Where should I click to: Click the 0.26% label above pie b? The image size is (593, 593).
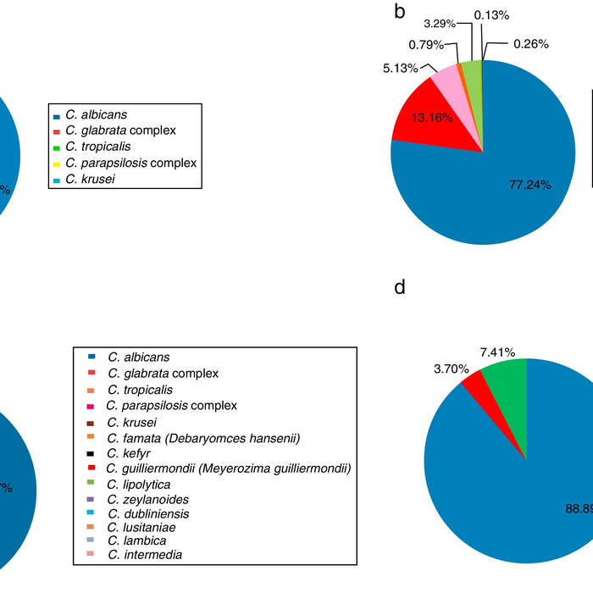click(x=531, y=44)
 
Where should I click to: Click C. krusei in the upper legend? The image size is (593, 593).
click(x=89, y=179)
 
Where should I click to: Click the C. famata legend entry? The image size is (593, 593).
click(x=203, y=437)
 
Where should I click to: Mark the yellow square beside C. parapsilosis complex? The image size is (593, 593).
click(x=56, y=163)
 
